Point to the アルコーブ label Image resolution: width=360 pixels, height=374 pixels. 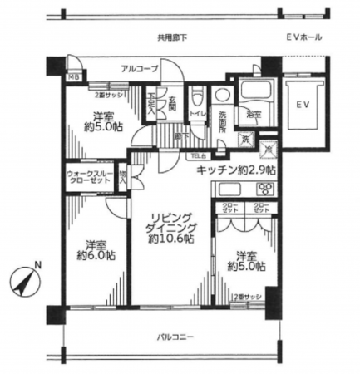tap(138, 68)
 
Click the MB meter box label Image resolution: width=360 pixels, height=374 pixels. tap(73, 80)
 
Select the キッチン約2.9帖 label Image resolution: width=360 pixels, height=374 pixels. tap(237, 170)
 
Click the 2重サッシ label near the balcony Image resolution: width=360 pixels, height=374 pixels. tap(247, 296)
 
